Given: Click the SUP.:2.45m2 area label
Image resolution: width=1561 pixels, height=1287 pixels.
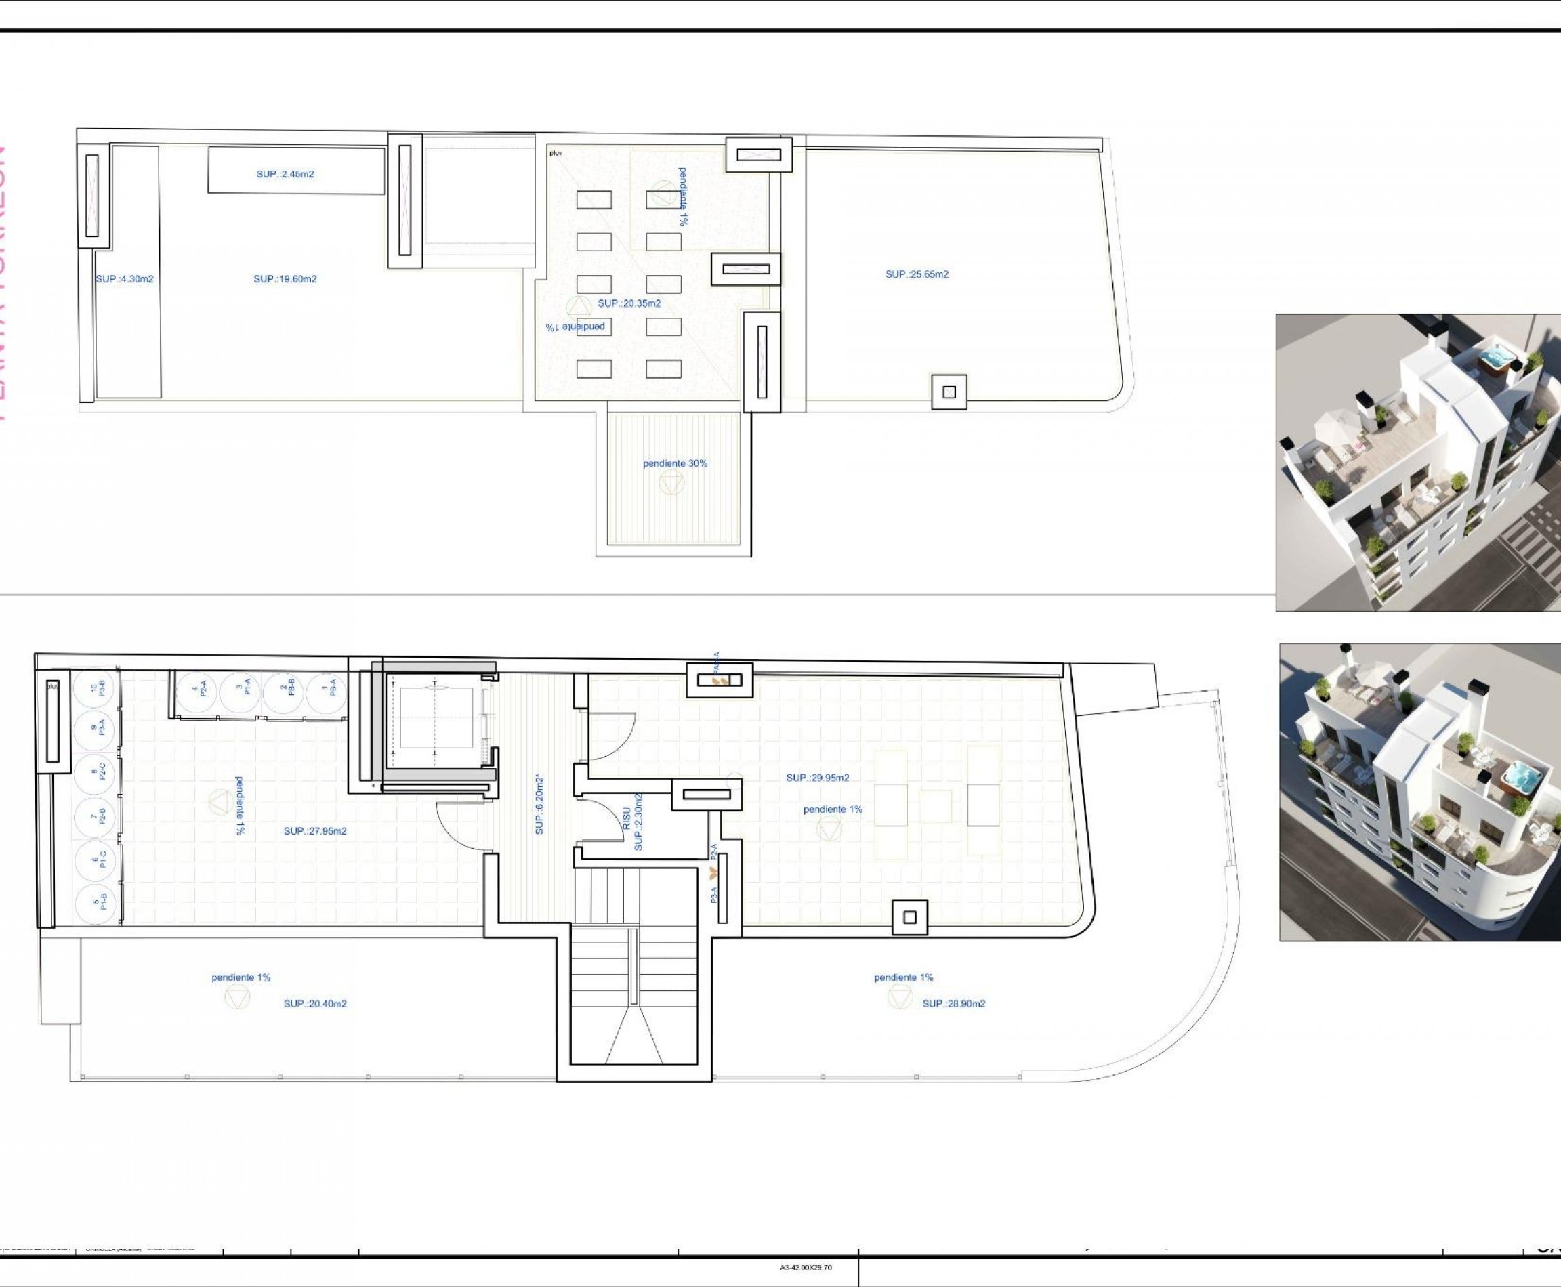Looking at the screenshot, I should point(285,174).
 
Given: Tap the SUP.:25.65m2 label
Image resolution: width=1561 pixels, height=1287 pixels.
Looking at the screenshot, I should point(917,274).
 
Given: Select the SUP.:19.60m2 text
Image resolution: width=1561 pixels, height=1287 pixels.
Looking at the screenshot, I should point(285,280).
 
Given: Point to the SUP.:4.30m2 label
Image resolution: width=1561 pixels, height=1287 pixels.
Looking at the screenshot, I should point(125,280).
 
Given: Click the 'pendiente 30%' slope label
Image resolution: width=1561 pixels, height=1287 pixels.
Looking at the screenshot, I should point(675,463).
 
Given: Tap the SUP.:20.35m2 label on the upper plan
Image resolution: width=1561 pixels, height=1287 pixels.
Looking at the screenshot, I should point(629,303).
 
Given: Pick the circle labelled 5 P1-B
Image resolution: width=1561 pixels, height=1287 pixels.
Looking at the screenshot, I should point(98,902).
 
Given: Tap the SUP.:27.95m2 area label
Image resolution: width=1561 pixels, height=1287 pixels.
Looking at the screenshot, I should point(315,832).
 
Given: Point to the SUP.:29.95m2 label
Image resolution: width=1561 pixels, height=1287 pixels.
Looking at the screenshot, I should point(818,778).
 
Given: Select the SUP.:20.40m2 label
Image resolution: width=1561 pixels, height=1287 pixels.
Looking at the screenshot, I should point(315,1004).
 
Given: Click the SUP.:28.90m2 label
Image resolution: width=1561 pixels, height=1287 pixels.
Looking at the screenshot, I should point(954,1004).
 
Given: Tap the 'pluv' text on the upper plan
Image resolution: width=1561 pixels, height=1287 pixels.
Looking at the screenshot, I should point(556,154).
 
